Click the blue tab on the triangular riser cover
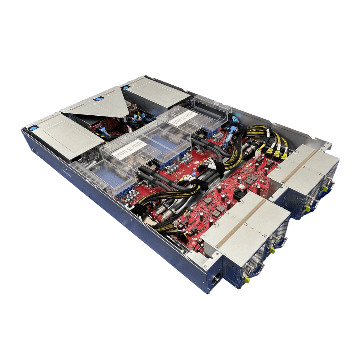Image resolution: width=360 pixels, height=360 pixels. click(98, 99)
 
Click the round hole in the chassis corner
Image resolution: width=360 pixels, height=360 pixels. click(215, 277)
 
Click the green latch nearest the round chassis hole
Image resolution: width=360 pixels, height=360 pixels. click(247, 279)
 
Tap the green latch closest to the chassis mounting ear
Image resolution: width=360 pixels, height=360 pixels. click(325, 189)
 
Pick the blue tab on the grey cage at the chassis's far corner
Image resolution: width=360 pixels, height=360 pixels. click(125, 87)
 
